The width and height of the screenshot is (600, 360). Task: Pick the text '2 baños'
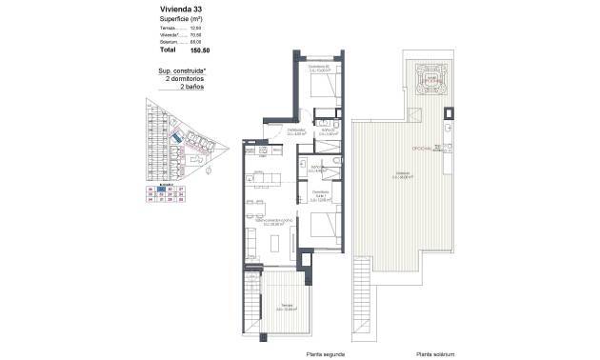(x=188, y=87)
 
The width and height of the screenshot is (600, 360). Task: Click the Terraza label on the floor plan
(x=281, y=309)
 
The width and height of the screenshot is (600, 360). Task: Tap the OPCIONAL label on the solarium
(x=422, y=150)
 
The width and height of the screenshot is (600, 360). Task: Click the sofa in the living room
(x=250, y=239)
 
